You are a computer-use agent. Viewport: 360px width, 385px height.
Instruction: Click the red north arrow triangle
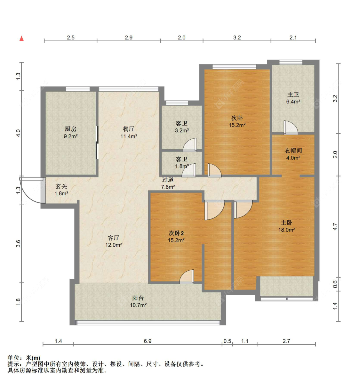tap(21, 38)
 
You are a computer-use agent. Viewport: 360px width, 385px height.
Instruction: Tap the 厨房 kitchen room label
tap(70, 132)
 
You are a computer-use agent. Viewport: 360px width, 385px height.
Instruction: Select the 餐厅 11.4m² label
tap(129, 132)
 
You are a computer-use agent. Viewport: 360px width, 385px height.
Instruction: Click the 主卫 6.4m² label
tap(293, 98)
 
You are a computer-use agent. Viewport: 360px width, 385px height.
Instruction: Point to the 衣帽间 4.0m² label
tap(293, 154)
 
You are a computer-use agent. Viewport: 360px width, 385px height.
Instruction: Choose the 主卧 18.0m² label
tap(286, 226)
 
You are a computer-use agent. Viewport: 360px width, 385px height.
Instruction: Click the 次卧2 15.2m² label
tap(176, 236)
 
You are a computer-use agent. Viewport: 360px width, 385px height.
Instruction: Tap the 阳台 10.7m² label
tap(138, 301)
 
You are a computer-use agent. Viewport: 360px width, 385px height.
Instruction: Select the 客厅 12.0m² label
tap(114, 241)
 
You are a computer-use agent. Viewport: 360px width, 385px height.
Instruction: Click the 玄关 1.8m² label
tap(61, 190)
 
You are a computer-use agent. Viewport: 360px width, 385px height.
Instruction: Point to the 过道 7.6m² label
tap(168, 183)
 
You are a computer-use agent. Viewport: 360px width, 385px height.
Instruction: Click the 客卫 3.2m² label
tap(181, 127)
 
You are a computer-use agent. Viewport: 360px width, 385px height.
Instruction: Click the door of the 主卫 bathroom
tap(291, 128)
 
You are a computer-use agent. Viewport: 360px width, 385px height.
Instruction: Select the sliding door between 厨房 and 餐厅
tap(97, 142)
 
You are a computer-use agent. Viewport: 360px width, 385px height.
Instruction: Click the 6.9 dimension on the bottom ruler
tap(148, 341)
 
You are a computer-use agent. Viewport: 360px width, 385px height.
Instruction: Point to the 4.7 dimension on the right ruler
tap(335, 227)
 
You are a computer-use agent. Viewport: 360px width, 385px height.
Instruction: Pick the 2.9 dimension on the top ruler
tap(129, 37)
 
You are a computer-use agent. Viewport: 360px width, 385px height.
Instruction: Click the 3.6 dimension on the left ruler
tap(18, 243)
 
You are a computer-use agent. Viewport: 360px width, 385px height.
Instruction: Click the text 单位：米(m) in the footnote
tap(24, 358)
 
